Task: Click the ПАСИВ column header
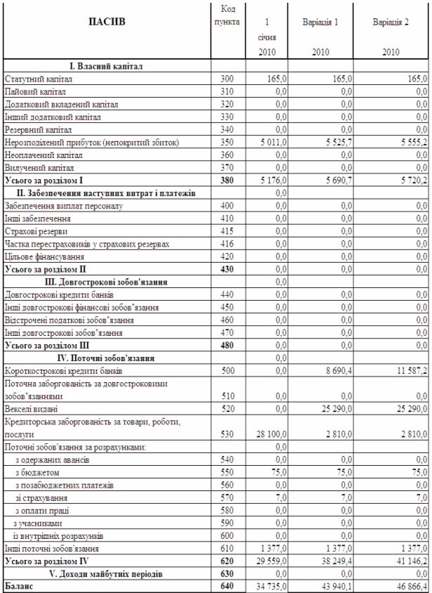pyautogui.click(x=107, y=22)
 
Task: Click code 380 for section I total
pyautogui.click(x=226, y=181)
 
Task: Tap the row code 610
pyautogui.click(x=226, y=549)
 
